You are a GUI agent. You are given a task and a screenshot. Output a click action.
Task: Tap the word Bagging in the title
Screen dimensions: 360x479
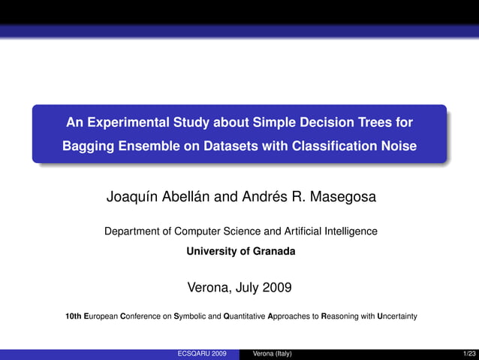pos(87,146)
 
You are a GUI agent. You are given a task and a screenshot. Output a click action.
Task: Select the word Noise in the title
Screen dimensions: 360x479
pos(397,146)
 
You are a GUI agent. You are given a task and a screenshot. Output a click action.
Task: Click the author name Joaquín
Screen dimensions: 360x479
pos(132,198)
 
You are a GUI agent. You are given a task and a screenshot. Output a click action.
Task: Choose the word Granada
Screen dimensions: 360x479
pos(273,251)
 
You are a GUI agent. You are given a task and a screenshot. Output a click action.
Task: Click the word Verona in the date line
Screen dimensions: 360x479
pos(208,287)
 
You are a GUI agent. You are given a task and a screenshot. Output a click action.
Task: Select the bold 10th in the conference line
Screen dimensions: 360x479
pos(74,316)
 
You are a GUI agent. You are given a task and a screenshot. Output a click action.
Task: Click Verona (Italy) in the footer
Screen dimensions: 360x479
pos(272,353)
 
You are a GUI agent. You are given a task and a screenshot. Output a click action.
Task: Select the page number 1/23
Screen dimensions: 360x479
pos(469,353)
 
